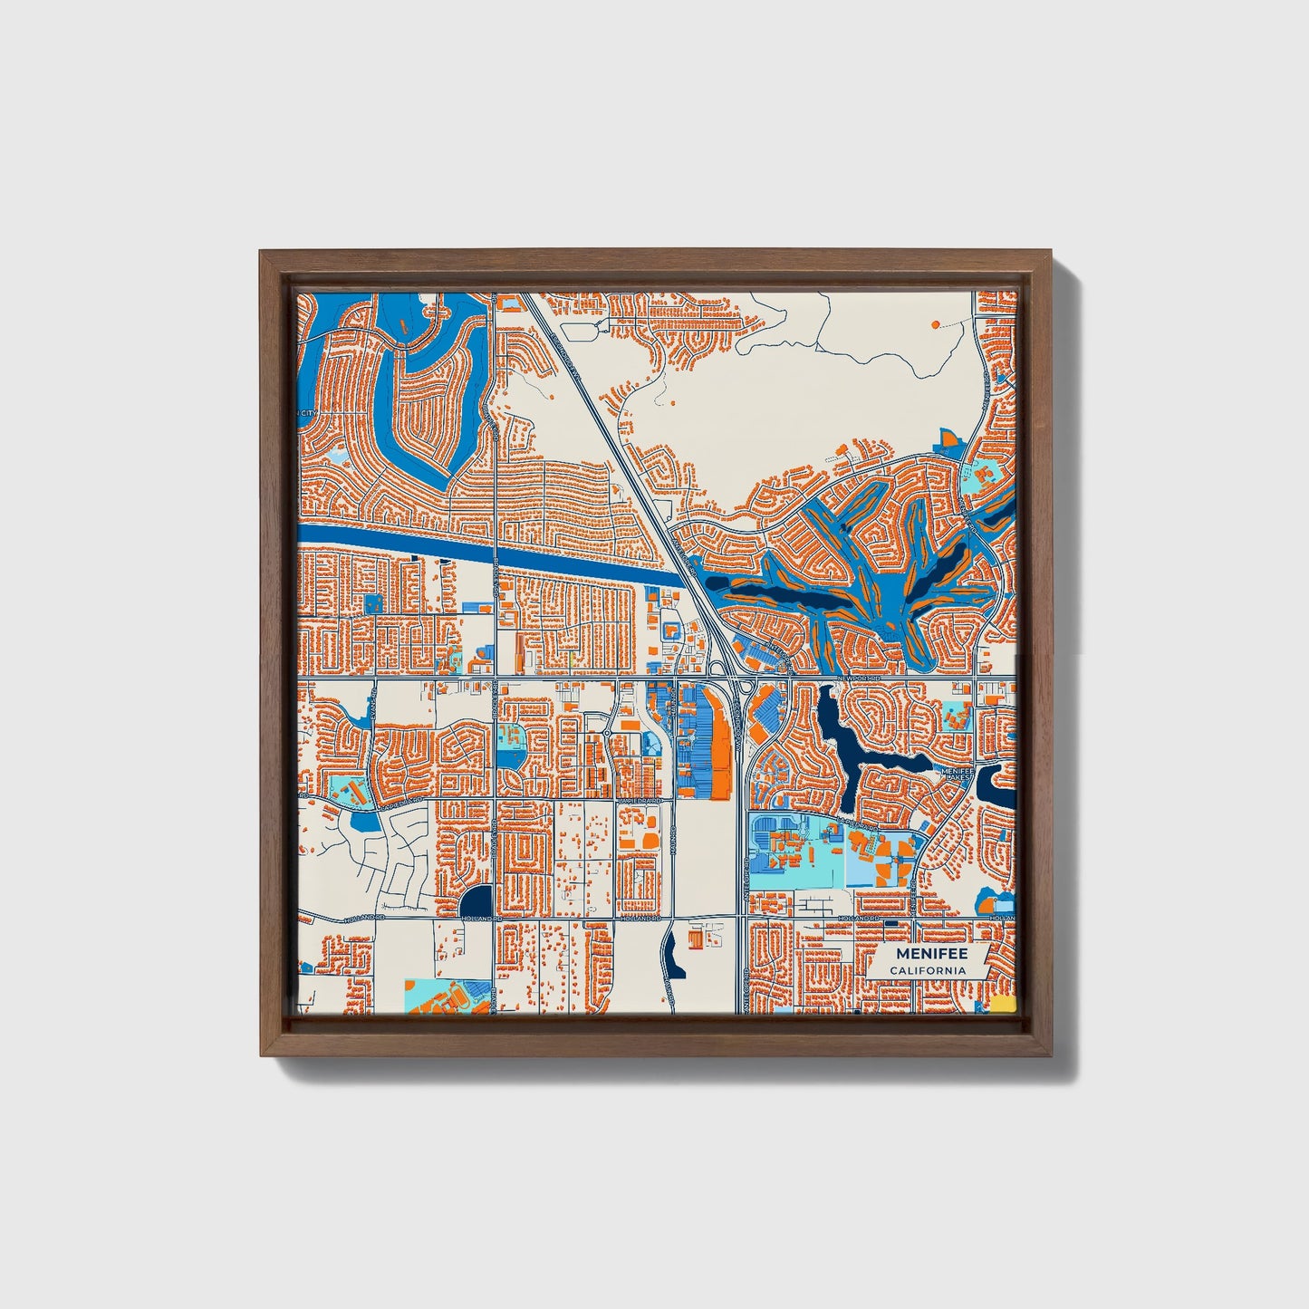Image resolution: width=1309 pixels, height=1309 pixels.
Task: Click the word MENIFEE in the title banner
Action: pyautogui.click(x=931, y=954)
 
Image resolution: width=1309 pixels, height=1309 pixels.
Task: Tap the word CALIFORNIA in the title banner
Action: pyautogui.click(x=927, y=970)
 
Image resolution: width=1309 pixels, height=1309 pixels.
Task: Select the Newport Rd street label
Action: pyautogui.click(x=859, y=678)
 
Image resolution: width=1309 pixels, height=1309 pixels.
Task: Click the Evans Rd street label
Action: pyautogui.click(x=372, y=699)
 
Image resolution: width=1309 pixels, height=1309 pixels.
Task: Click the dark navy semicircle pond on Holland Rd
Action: pyautogui.click(x=476, y=900)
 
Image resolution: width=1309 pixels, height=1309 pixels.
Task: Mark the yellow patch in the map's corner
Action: pyautogui.click(x=1002, y=1003)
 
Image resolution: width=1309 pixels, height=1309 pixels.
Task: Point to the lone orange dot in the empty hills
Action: pyautogui.click(x=935, y=322)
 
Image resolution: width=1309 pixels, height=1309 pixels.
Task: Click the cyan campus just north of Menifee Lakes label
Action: pyautogui.click(x=957, y=716)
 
